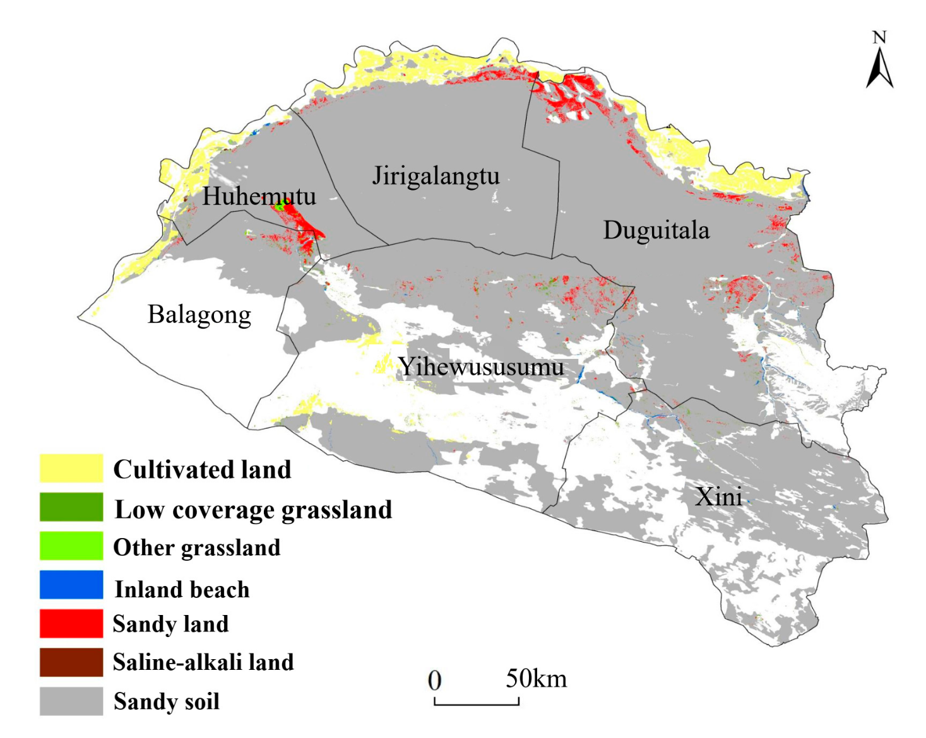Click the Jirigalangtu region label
[436, 176]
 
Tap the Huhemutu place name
[259, 196]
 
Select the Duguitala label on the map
[656, 230]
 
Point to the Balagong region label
[199, 314]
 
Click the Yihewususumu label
[481, 366]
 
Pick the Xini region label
[718, 496]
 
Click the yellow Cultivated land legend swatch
[71, 468]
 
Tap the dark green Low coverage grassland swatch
[71, 507]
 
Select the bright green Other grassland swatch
[71, 546]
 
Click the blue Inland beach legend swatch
[71, 585]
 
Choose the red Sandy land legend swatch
[71, 623]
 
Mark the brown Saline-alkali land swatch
[71, 662]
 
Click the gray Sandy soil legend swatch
[71, 701]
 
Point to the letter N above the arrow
[879, 38]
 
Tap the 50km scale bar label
[536, 679]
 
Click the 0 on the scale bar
[434, 681]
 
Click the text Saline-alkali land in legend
[203, 662]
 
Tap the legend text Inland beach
[182, 589]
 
